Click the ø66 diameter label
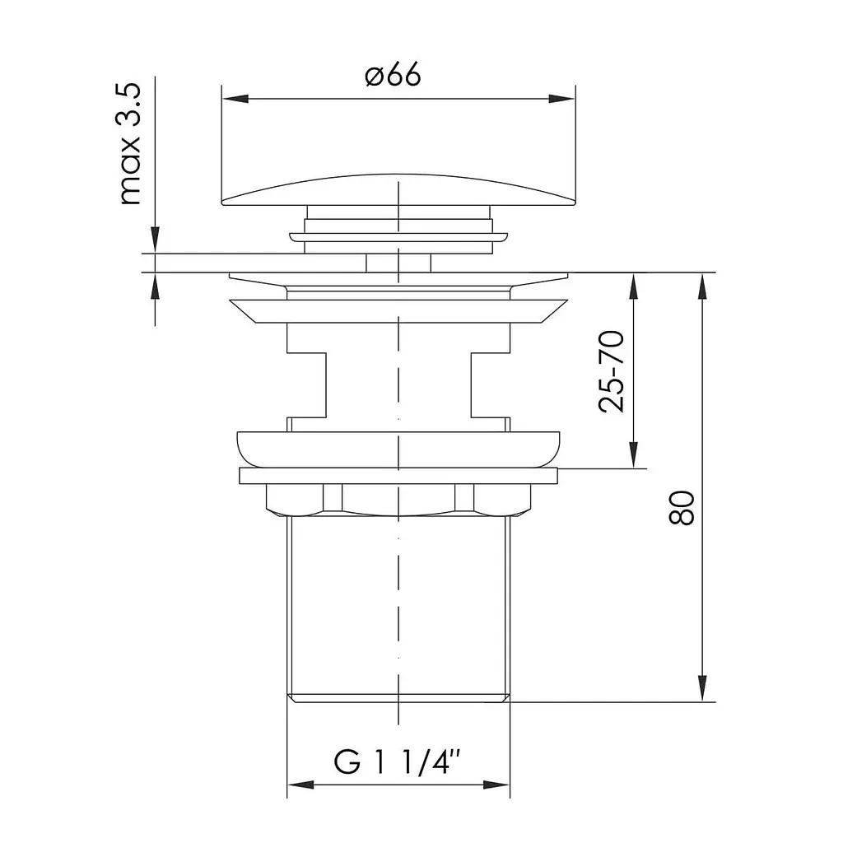[x=393, y=75]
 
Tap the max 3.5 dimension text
[x=129, y=144]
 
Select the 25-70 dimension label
[x=612, y=371]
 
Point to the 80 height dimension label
[x=682, y=507]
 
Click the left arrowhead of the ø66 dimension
[x=235, y=99]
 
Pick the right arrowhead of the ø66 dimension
[x=561, y=99]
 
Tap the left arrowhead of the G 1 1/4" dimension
[x=300, y=785]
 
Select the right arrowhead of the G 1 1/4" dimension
[x=496, y=785]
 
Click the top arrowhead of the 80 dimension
[x=702, y=286]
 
